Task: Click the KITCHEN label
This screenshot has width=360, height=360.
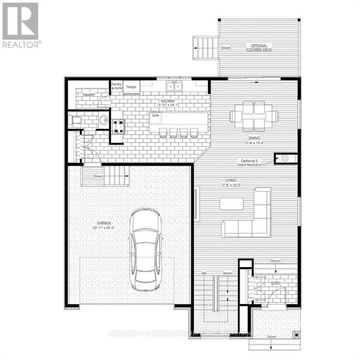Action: (x=167, y=101)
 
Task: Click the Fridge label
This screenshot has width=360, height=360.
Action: (x=131, y=87)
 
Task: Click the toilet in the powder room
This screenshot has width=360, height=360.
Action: (x=76, y=121)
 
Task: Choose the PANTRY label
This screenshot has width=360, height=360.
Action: (x=89, y=95)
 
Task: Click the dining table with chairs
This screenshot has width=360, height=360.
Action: (x=254, y=115)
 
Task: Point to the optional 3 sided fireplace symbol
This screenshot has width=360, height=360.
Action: (x=284, y=158)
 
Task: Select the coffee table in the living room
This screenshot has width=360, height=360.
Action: (x=232, y=203)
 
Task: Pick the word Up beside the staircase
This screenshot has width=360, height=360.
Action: (x=204, y=273)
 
